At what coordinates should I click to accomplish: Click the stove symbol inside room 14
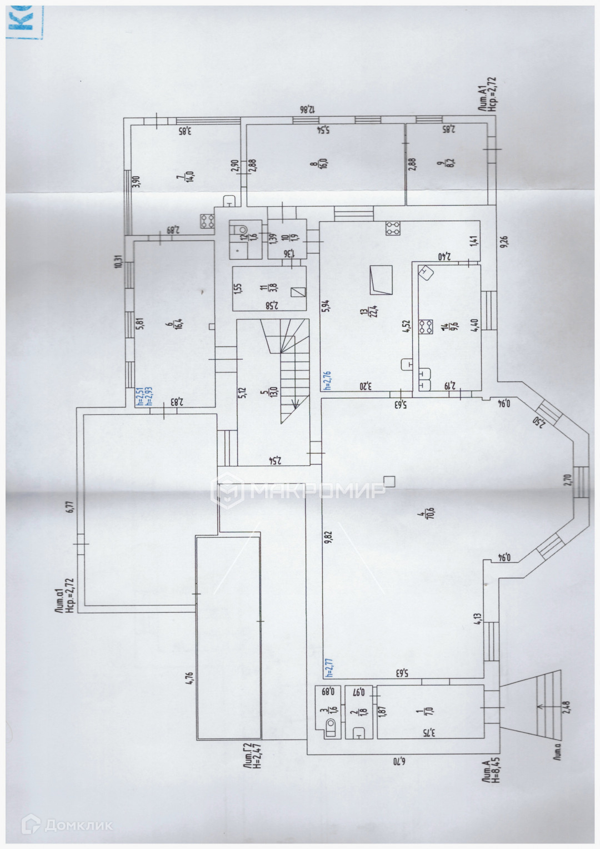click(x=427, y=327)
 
